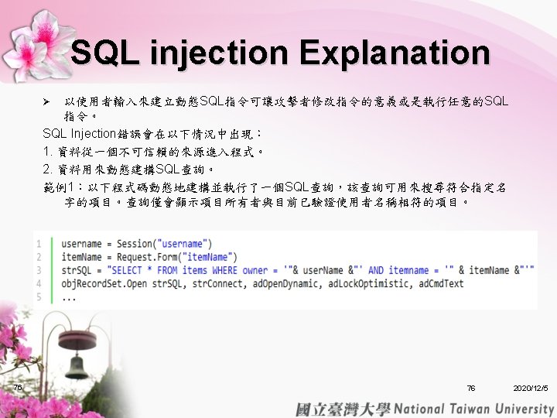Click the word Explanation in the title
pos(395,54)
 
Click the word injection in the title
pos(219,54)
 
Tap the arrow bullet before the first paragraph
pos(46,102)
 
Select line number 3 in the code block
pos(39,270)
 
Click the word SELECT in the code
pos(126,270)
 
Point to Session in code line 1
pos(135,244)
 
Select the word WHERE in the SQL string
pos(224,270)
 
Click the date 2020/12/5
pos(531,388)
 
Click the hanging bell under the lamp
pos(77,366)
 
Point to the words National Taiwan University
pos(474,409)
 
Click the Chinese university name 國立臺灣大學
pos(343,409)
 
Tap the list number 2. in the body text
pos(48,170)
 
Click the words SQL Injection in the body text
pos(79,134)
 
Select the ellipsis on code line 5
pos(69,300)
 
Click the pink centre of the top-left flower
pos(46,33)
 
